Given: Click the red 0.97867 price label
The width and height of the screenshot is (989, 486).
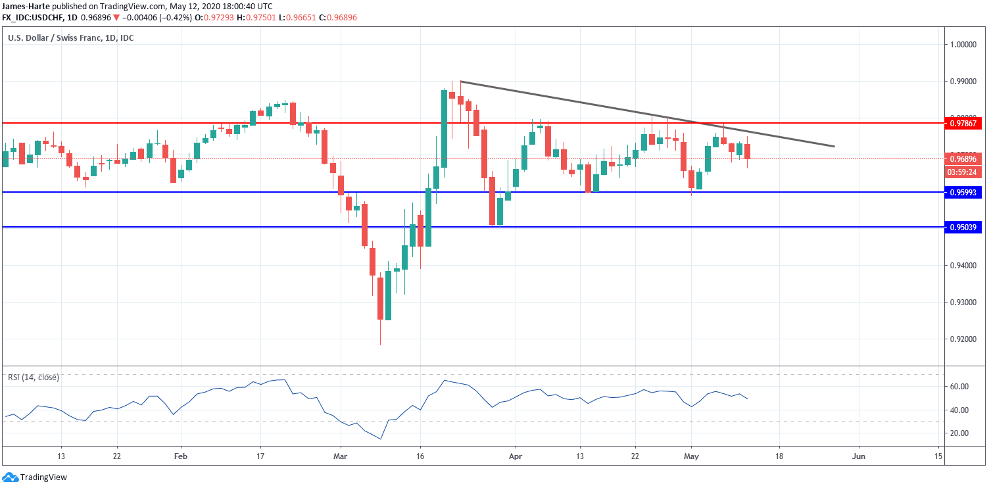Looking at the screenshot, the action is [x=963, y=123].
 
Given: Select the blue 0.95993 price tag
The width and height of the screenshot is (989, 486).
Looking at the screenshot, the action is [x=963, y=193].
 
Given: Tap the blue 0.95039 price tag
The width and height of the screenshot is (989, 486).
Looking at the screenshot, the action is [x=963, y=228].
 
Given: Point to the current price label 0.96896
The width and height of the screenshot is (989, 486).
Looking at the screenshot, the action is [x=963, y=159].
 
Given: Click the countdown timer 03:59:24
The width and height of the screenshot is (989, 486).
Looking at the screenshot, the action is [x=963, y=172].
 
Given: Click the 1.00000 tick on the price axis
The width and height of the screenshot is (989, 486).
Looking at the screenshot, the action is [x=963, y=45].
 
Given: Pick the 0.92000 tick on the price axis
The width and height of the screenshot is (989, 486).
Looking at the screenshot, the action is [x=963, y=339].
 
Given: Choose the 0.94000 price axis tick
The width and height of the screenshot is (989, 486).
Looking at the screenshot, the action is [x=963, y=266].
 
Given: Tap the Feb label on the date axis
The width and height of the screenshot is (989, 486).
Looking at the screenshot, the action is [x=181, y=456].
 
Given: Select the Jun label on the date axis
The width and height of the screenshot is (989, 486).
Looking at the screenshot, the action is [x=858, y=456].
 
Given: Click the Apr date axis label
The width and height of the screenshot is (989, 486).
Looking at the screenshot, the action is [x=516, y=456].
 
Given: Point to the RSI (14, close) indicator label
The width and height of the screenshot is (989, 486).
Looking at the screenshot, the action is [x=34, y=377].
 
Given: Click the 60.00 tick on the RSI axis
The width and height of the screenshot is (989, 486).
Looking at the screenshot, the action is [x=959, y=387].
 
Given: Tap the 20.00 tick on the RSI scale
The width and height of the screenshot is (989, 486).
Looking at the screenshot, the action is [x=959, y=433].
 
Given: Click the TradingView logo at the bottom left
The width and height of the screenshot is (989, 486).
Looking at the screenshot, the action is [x=34, y=477].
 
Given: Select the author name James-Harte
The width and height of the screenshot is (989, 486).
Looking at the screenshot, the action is [x=26, y=6].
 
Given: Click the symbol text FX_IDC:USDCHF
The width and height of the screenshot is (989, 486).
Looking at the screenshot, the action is [x=32, y=18].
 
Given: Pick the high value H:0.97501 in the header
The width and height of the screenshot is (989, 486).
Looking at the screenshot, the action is [x=256, y=18].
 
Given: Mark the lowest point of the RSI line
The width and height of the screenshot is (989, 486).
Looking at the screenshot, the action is [x=380, y=439].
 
